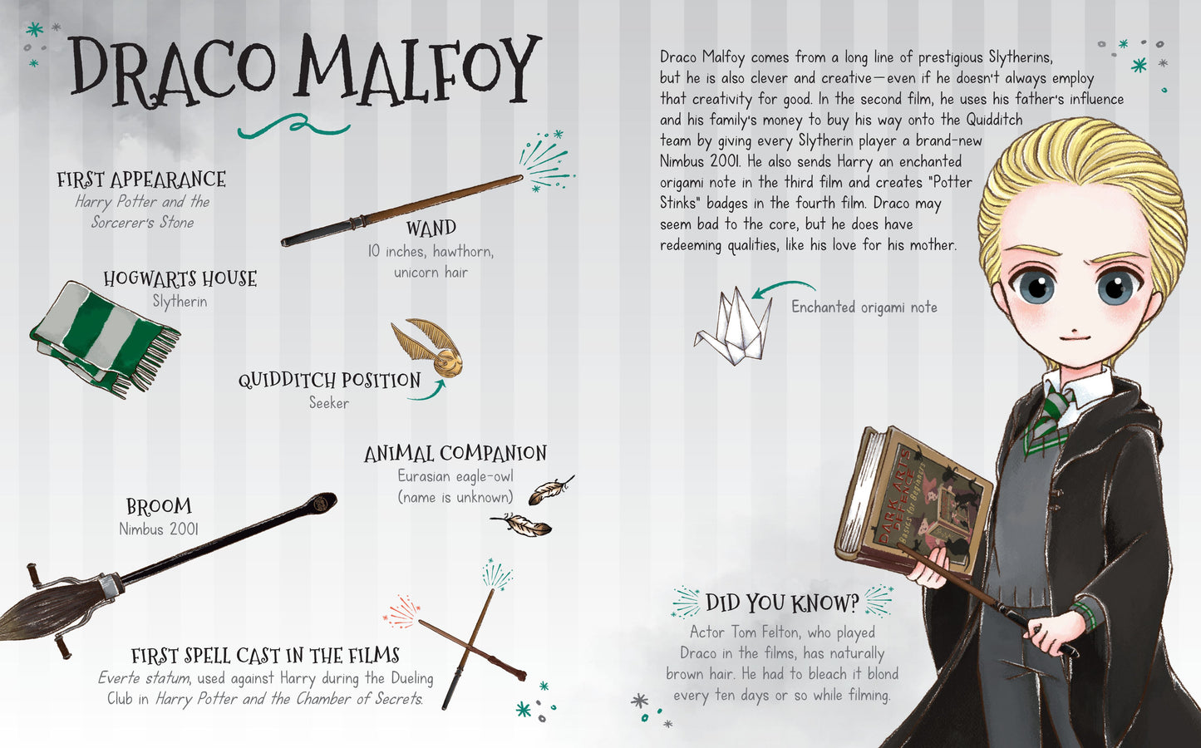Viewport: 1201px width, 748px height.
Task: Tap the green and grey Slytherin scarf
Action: coord(105,337)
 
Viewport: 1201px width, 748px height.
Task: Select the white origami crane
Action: coord(733,327)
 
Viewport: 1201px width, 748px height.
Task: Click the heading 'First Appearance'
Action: coord(141,180)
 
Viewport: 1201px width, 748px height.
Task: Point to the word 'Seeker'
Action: coord(328,403)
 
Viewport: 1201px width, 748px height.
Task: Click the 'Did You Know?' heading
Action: coord(782,603)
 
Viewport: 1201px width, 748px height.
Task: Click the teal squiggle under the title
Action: coord(294,126)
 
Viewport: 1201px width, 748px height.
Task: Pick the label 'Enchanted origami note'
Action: coord(864,308)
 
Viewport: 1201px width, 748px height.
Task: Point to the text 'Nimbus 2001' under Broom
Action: coord(158,529)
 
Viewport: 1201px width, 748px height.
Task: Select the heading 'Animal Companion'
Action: coord(455,453)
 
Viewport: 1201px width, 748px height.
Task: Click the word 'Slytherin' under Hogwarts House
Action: coord(180,302)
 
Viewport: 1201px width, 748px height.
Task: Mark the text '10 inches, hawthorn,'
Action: coord(431,251)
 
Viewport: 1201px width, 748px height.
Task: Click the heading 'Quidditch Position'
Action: coord(329,380)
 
